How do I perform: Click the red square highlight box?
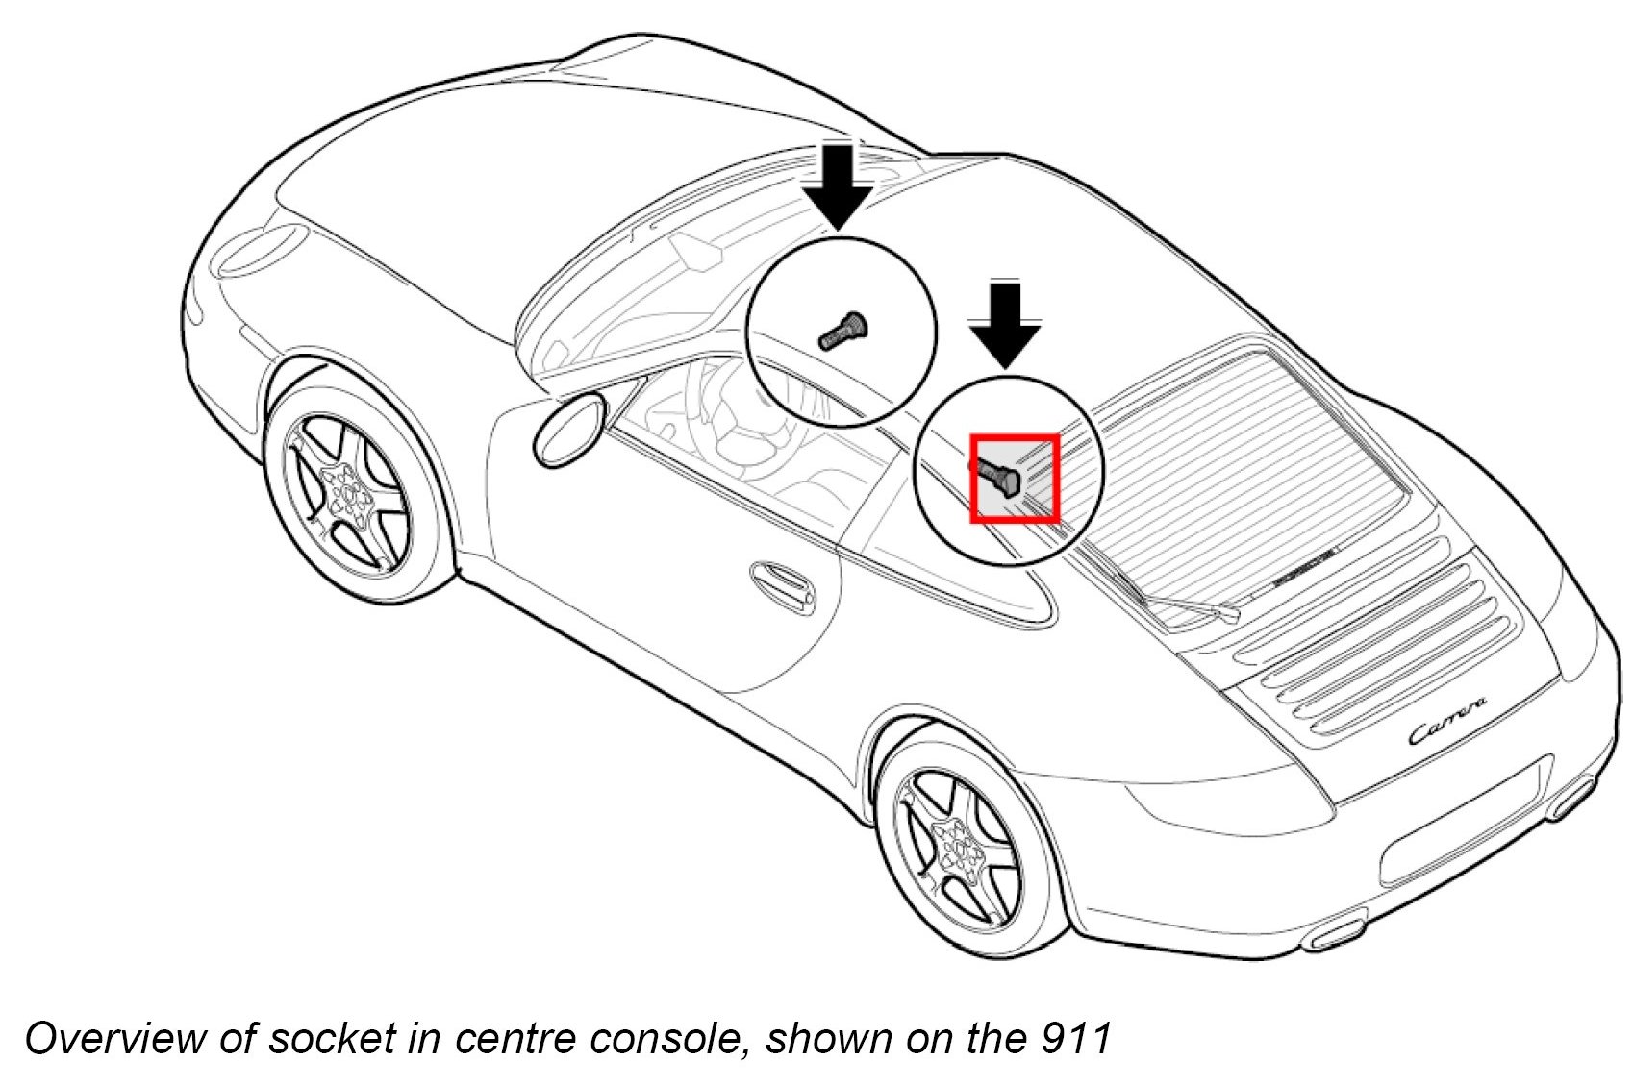click(1015, 479)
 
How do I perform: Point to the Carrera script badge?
click(1448, 721)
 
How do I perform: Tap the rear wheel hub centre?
click(961, 849)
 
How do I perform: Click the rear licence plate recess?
click(1462, 846)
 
